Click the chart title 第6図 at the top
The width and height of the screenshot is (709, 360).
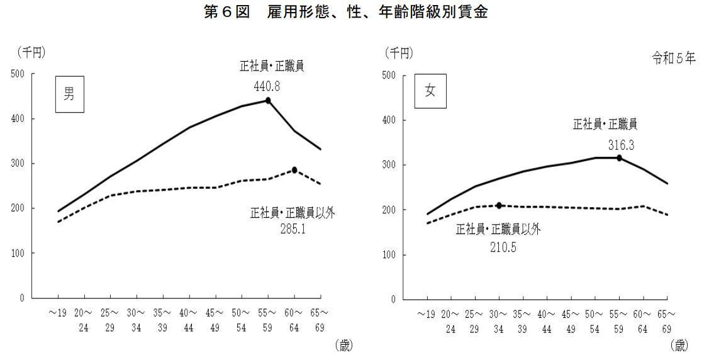point(346,12)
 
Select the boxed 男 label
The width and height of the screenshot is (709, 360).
point(69,95)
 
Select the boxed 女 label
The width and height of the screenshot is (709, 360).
point(430,91)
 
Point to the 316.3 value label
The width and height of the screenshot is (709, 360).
point(620,145)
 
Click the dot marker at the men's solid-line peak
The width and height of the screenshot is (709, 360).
point(268,100)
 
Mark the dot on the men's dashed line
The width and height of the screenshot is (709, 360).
point(294,170)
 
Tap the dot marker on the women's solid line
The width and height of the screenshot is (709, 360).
point(620,158)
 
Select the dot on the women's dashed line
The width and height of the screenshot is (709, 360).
point(499,206)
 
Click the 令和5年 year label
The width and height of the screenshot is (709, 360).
point(673,60)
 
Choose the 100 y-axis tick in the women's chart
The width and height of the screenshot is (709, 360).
point(391,255)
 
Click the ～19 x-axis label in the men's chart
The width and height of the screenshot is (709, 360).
point(59,312)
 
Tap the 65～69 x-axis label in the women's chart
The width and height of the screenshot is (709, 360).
point(667,320)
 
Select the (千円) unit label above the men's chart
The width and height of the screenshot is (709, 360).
point(31,52)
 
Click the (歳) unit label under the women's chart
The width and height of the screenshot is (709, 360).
point(679,344)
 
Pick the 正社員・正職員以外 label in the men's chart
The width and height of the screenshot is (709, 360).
point(293,213)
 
